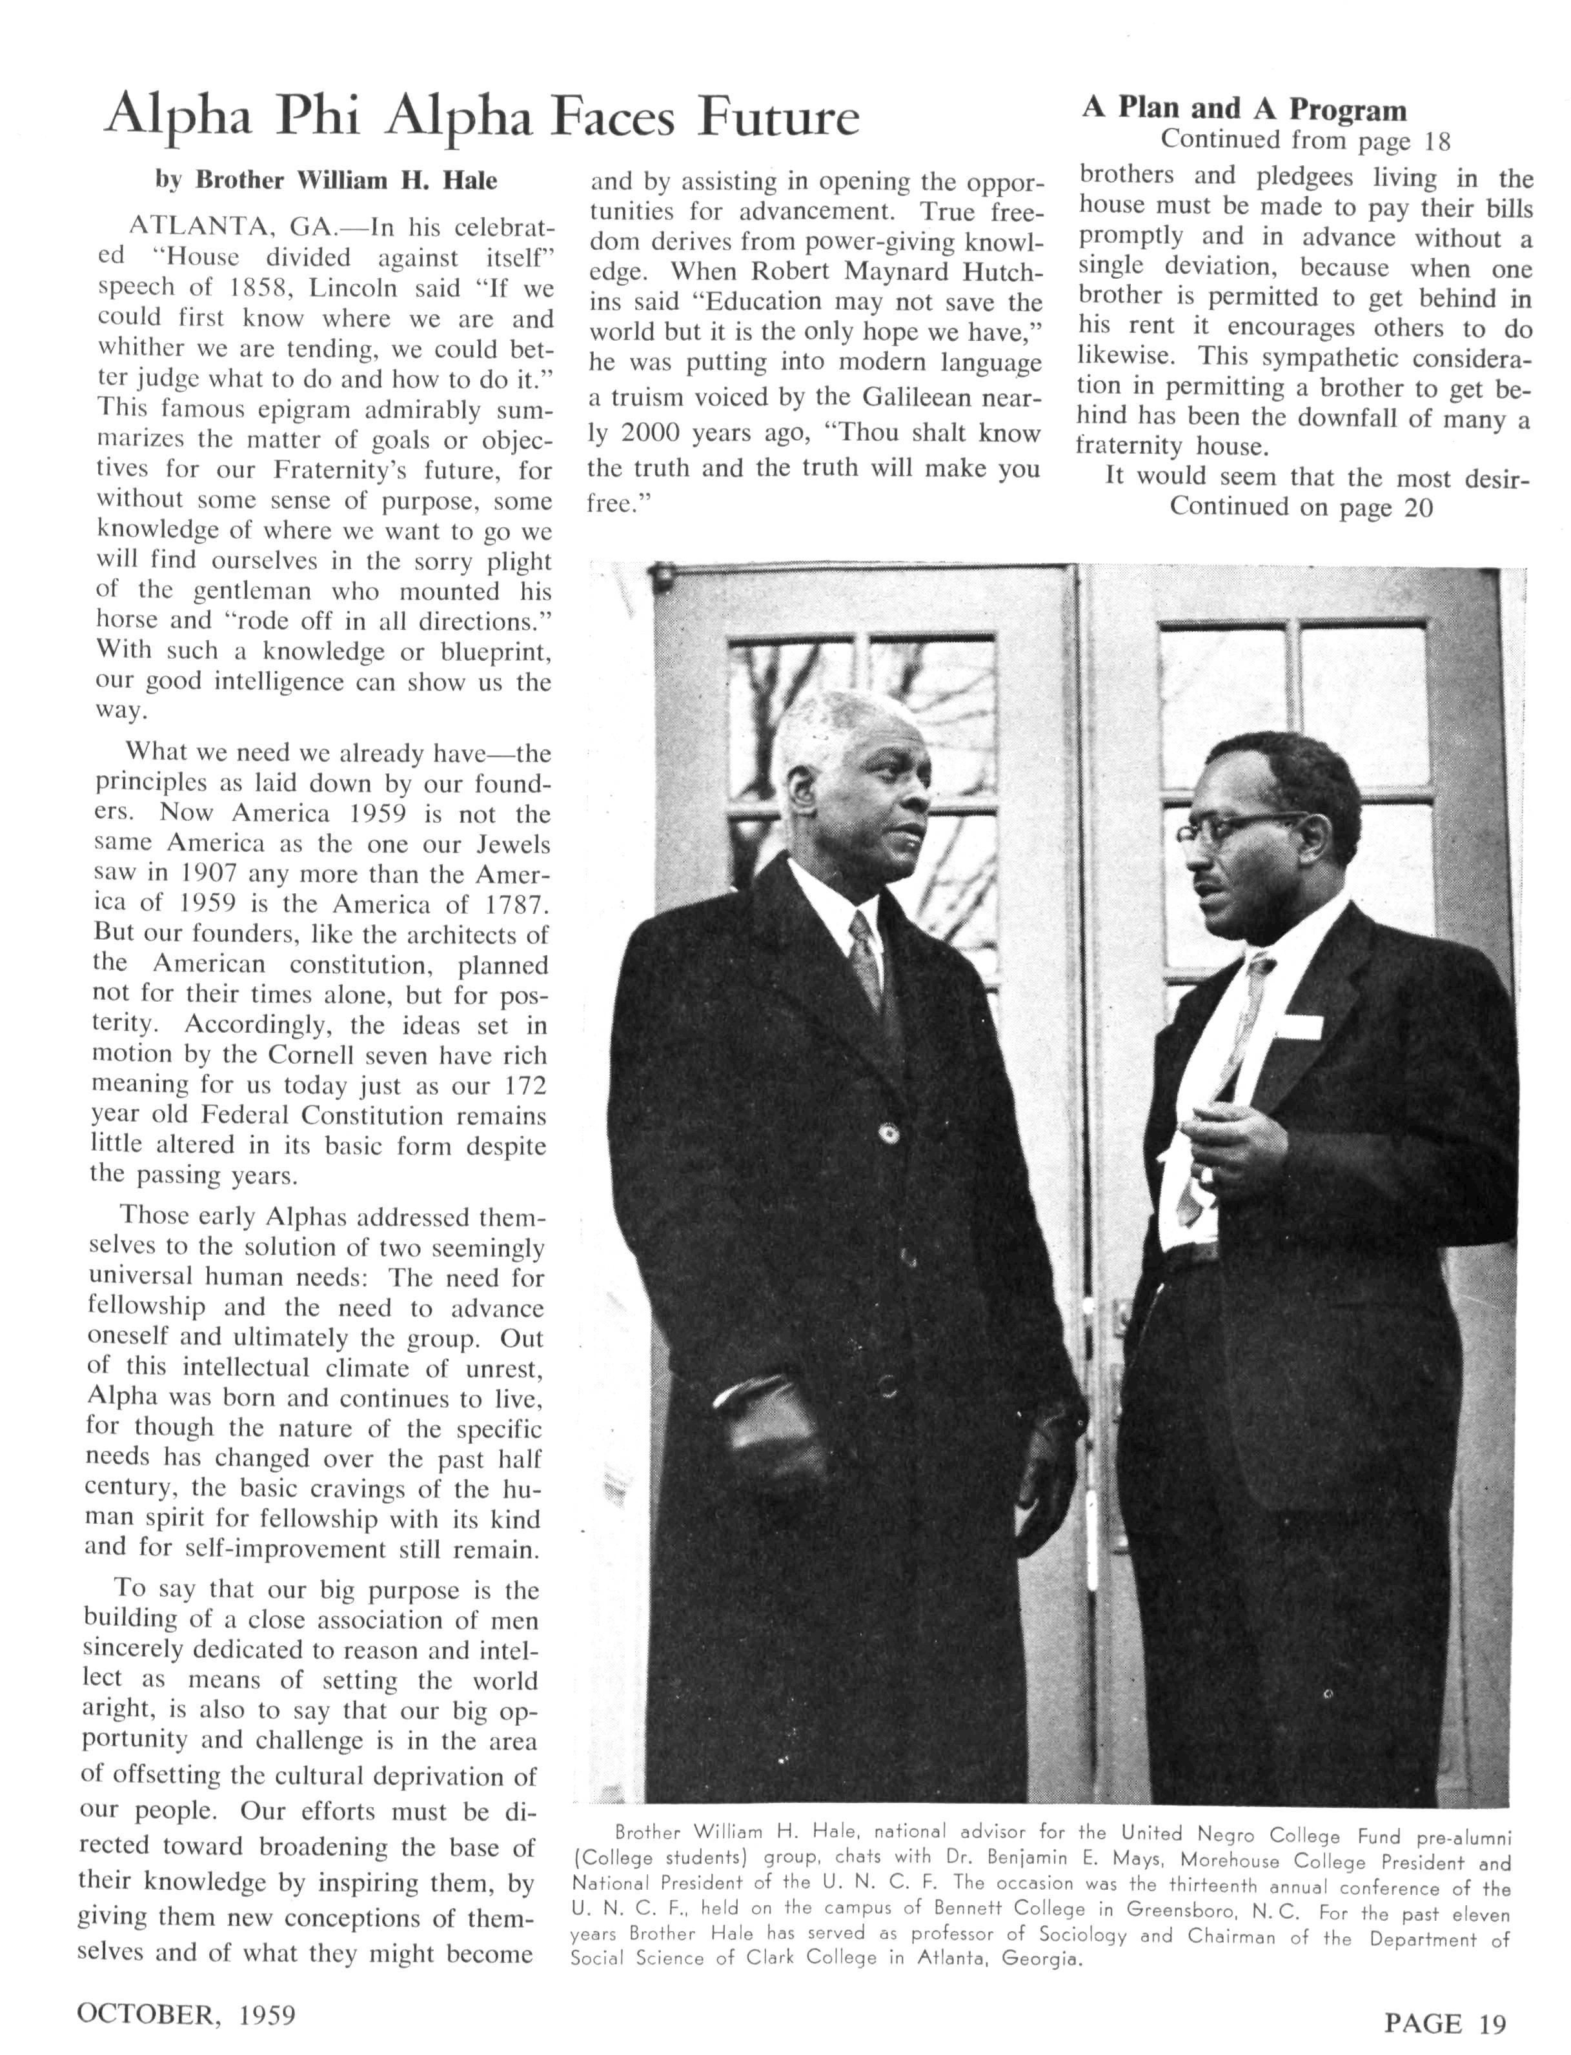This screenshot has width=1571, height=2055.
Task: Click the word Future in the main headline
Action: pyautogui.click(x=779, y=119)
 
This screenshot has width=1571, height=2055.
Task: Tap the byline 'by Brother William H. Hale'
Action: pyautogui.click(x=327, y=181)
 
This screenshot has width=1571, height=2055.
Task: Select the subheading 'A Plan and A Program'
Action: pyautogui.click(x=1244, y=109)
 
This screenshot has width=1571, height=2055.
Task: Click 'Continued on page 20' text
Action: pyautogui.click(x=1301, y=508)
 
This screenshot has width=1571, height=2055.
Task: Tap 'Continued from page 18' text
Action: pyautogui.click(x=1306, y=141)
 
